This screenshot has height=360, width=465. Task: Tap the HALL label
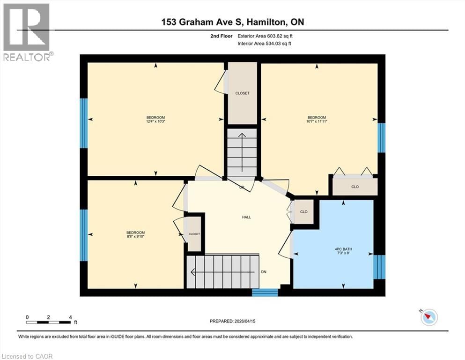[246, 217]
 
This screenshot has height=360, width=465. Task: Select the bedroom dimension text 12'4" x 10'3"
[155, 121]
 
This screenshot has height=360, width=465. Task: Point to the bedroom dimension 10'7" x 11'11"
[317, 121]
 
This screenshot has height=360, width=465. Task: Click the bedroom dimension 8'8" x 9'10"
[135, 237]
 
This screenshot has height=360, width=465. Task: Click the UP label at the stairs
[242, 187]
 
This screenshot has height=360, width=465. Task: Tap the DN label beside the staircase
[264, 272]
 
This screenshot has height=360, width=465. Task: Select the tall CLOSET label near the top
[242, 93]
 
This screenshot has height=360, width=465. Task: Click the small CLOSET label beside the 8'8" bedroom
[194, 234]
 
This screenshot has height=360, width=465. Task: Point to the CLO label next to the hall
[304, 212]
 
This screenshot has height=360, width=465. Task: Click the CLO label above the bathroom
[354, 187]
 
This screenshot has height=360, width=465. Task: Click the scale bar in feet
[49, 322]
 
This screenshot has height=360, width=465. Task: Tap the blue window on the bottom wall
[265, 292]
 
